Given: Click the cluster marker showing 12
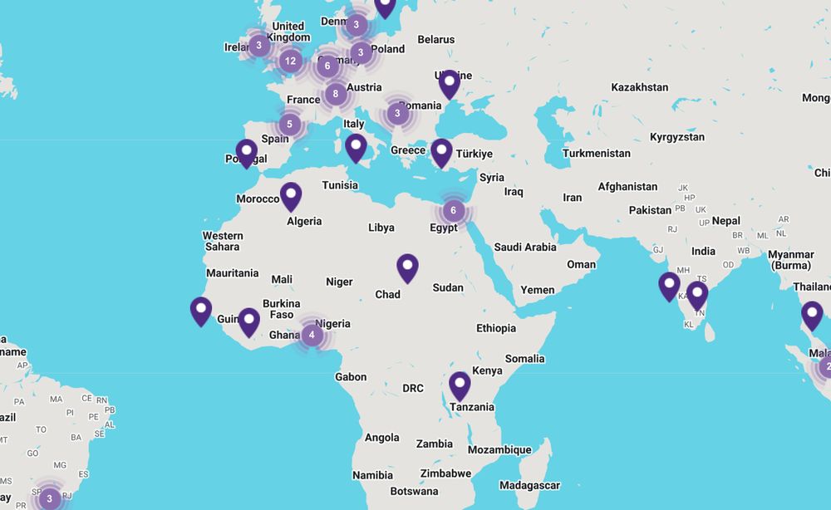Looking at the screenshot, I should [x=289, y=61].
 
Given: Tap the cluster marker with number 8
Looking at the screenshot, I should [x=336, y=94].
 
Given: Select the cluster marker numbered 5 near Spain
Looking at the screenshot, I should [x=289, y=125].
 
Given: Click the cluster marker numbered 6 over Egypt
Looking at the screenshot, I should [x=453, y=210].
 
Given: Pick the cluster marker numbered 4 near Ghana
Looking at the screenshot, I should [x=312, y=335].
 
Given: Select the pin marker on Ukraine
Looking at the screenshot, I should [x=450, y=84].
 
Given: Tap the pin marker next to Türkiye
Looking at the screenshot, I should [x=442, y=153].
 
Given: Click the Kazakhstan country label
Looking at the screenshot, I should [x=639, y=87].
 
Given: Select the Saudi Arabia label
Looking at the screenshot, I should [x=524, y=247].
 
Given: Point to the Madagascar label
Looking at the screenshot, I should [x=529, y=485].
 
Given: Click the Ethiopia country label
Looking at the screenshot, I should [x=496, y=328].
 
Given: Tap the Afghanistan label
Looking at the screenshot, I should [x=627, y=187].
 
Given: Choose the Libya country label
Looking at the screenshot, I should [x=381, y=228].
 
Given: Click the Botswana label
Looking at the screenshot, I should [x=414, y=491].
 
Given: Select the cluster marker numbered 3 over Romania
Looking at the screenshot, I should [x=398, y=113].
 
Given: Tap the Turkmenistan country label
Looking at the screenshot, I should [x=596, y=154].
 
